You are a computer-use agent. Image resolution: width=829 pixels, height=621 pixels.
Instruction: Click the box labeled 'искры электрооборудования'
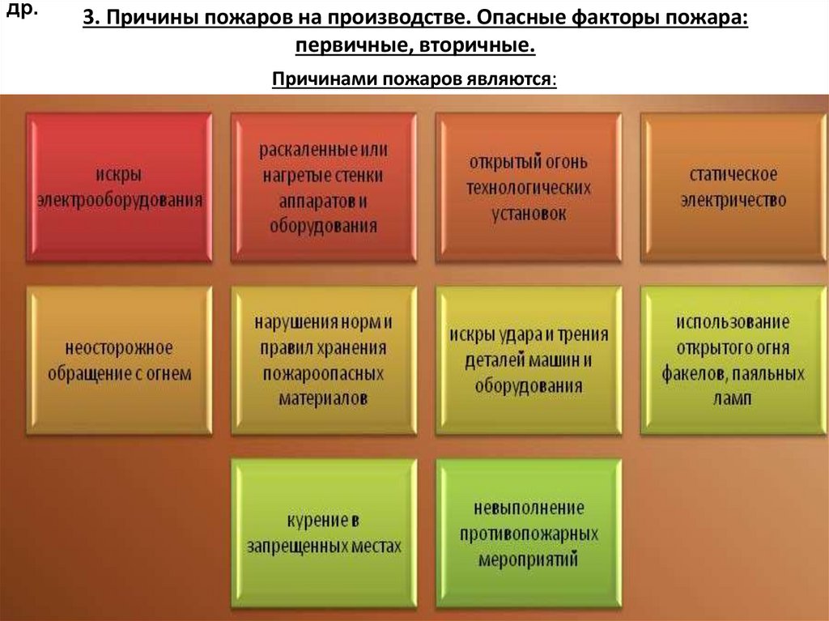(x=119, y=187)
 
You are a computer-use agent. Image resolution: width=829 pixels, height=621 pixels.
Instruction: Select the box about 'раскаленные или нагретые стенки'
(x=324, y=187)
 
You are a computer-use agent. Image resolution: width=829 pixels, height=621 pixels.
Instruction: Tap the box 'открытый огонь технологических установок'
(x=528, y=187)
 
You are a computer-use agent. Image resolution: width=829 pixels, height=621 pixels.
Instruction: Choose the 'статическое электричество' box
(x=733, y=187)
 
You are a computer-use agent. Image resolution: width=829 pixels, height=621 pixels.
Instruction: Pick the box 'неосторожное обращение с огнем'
(x=119, y=360)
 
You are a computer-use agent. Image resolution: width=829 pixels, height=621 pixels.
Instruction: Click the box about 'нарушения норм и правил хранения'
(x=324, y=360)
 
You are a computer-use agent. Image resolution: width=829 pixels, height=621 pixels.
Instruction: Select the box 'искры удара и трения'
(x=528, y=360)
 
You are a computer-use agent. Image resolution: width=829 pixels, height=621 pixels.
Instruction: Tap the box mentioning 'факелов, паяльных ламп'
(x=733, y=360)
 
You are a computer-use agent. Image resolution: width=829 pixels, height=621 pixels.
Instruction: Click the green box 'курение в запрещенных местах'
(x=324, y=533)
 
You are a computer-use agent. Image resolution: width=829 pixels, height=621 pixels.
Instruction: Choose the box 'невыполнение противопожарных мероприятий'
(x=528, y=533)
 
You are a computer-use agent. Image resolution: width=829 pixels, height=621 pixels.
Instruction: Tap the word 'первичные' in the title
(x=352, y=47)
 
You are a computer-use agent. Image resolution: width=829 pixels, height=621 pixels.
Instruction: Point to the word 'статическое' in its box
(x=733, y=175)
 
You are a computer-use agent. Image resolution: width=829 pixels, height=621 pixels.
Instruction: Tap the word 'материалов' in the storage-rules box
(x=323, y=398)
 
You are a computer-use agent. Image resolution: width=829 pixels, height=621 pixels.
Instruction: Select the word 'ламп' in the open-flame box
(x=733, y=398)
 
